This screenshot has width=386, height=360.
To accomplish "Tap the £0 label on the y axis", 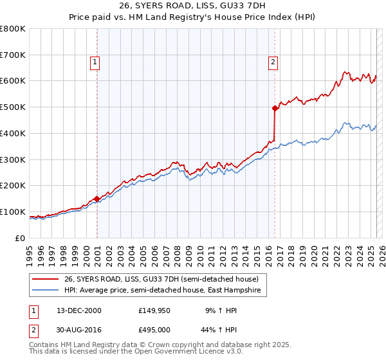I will click(20, 238).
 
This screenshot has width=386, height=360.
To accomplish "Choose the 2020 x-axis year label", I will click(313, 251).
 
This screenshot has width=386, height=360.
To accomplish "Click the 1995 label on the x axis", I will click(30, 251).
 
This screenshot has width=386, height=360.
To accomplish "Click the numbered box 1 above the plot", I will click(95, 62).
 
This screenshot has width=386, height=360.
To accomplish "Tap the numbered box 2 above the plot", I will click(273, 62).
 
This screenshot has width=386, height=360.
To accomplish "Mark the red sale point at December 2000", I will click(97, 199).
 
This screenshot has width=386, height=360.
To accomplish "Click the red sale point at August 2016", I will click(275, 108).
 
